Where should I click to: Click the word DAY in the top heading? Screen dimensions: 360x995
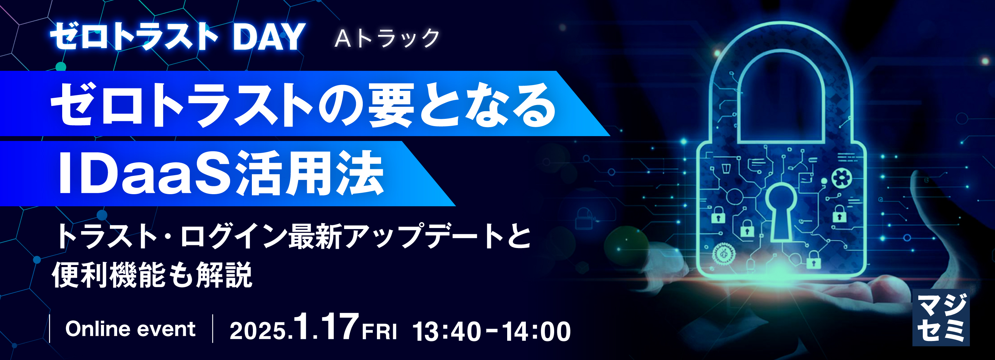tap(269, 37)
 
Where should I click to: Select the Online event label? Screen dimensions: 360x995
tap(130, 329)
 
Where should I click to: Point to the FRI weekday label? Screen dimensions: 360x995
tap(379, 332)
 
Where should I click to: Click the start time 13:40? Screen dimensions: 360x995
tap(446, 331)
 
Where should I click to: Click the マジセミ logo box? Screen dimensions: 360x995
tap(940, 317)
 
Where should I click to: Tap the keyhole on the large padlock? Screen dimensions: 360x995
tap(781, 210)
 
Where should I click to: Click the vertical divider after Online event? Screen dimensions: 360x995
tap(213, 329)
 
